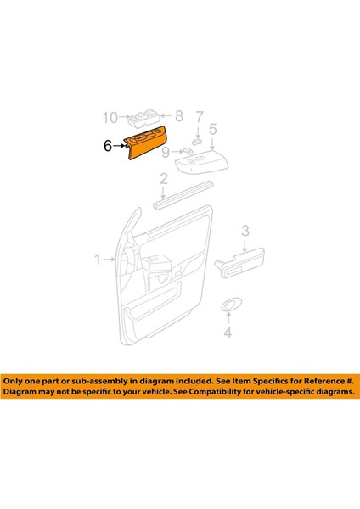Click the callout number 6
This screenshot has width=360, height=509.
pos(108,146)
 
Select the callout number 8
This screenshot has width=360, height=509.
pos(178,115)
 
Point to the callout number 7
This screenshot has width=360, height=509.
pos(200,115)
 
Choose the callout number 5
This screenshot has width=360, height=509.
pos(212,130)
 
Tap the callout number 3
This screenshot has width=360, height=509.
pos(245,230)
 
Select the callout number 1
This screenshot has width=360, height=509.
pos(98,258)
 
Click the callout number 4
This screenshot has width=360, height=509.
pos(227,333)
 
